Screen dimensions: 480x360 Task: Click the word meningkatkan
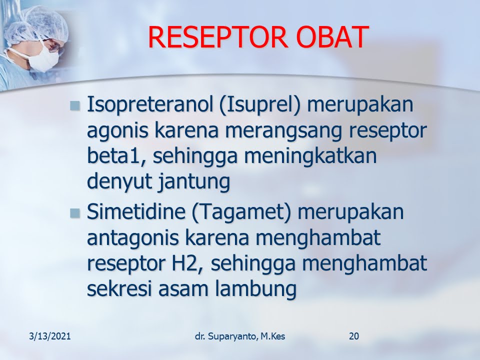click(x=310, y=155)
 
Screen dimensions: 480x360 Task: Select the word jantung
click(x=194, y=181)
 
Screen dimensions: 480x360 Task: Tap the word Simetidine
click(x=136, y=211)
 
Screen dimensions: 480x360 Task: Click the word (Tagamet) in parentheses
click(x=241, y=212)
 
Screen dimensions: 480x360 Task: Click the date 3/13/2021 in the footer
click(x=50, y=336)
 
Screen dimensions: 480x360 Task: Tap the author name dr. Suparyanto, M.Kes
click(x=240, y=336)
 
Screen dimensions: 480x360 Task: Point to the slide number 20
click(x=354, y=336)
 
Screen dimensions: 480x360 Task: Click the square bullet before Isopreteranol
click(x=74, y=106)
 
